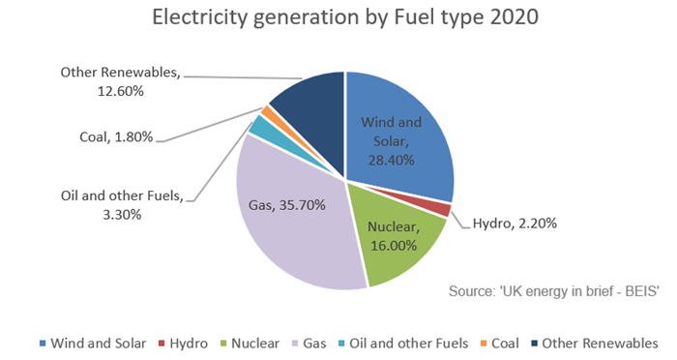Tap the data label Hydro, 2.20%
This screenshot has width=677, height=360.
point(515,224)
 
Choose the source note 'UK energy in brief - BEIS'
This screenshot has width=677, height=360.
point(553,291)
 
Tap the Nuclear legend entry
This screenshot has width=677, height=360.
point(259,343)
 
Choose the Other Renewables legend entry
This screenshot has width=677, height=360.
point(595,343)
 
